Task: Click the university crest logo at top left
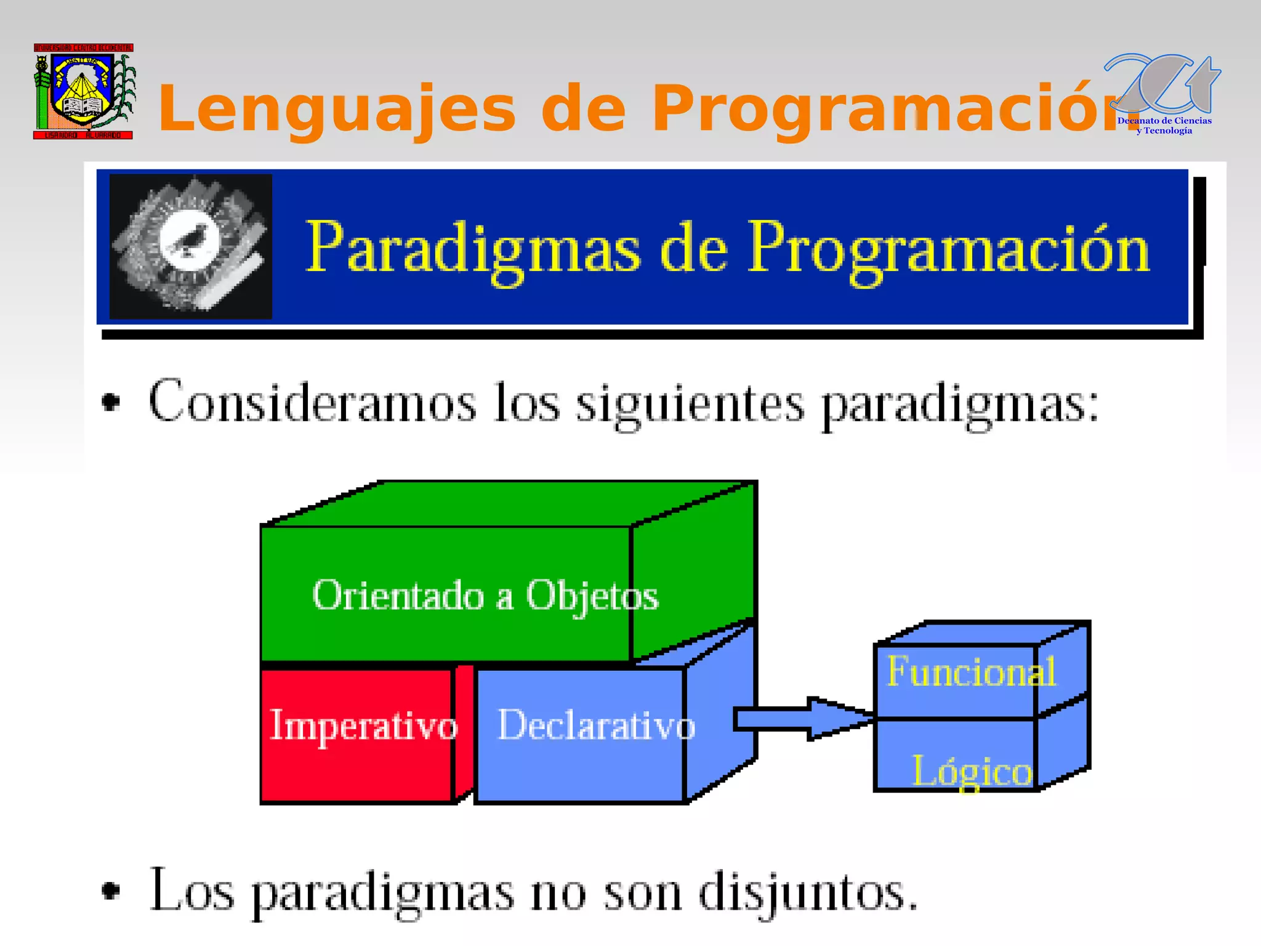pyautogui.click(x=83, y=91)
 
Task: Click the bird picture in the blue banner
pyautogui.click(x=190, y=246)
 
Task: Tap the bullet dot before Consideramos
pyautogui.click(x=111, y=402)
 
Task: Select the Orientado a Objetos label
pyautogui.click(x=485, y=596)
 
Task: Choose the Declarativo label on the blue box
pyautogui.click(x=596, y=726)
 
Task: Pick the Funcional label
pyautogui.click(x=971, y=671)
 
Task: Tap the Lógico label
pyautogui.click(x=972, y=771)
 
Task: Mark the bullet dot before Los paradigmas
pyautogui.click(x=111, y=891)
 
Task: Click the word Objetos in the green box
pyautogui.click(x=592, y=596)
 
